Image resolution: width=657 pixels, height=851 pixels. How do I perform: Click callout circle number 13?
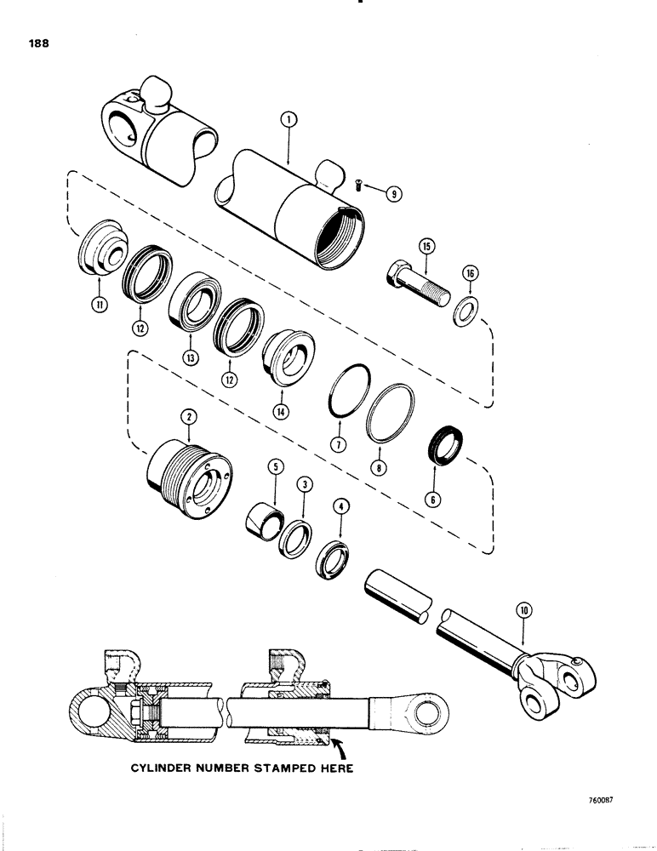click(x=190, y=358)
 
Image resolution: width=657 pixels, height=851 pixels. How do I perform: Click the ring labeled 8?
click(x=391, y=412)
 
